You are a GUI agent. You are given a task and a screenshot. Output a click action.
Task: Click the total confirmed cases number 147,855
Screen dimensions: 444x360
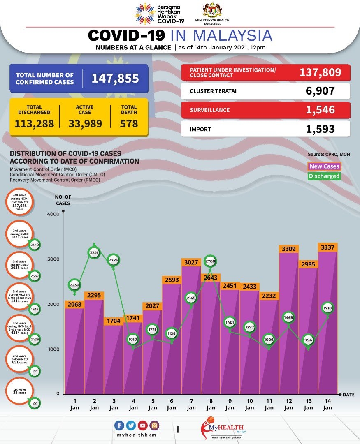pyautogui.click(x=115, y=79)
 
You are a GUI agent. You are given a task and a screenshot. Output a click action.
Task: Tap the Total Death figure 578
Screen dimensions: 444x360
pyautogui.click(x=129, y=123)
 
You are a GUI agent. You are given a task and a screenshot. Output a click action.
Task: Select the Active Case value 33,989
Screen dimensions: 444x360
pyautogui.click(x=85, y=123)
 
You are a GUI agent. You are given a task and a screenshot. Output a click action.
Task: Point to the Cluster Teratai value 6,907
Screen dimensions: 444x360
pyautogui.click(x=320, y=91)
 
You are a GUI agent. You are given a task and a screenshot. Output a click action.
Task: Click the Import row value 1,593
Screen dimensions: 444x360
pyautogui.click(x=320, y=129)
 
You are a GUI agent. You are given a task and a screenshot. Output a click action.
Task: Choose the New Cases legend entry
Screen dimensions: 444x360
pyautogui.click(x=325, y=166)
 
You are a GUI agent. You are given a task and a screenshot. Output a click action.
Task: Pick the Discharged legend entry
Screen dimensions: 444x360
pyautogui.click(x=325, y=176)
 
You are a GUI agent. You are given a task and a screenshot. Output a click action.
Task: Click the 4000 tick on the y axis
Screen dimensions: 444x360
pyautogui.click(x=53, y=214)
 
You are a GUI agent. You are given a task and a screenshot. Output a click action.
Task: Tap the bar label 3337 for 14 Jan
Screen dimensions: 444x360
pyautogui.click(x=328, y=247)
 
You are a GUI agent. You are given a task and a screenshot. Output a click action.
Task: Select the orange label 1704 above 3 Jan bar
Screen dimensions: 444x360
pyautogui.click(x=113, y=321)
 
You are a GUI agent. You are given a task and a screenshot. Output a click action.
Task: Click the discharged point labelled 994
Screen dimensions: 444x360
pyautogui.click(x=308, y=340)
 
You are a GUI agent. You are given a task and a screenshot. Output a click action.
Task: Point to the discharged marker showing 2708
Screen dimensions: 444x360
pyautogui.click(x=211, y=261)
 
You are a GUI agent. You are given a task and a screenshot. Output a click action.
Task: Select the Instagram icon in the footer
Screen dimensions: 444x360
pyautogui.click(x=154, y=425)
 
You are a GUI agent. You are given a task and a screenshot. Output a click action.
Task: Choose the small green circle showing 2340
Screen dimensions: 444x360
pyautogui.click(x=35, y=245)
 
